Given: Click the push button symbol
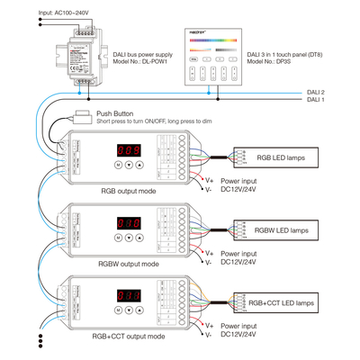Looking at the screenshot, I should [x=85, y=115].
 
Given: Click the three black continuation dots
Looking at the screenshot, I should [x=41, y=345].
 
